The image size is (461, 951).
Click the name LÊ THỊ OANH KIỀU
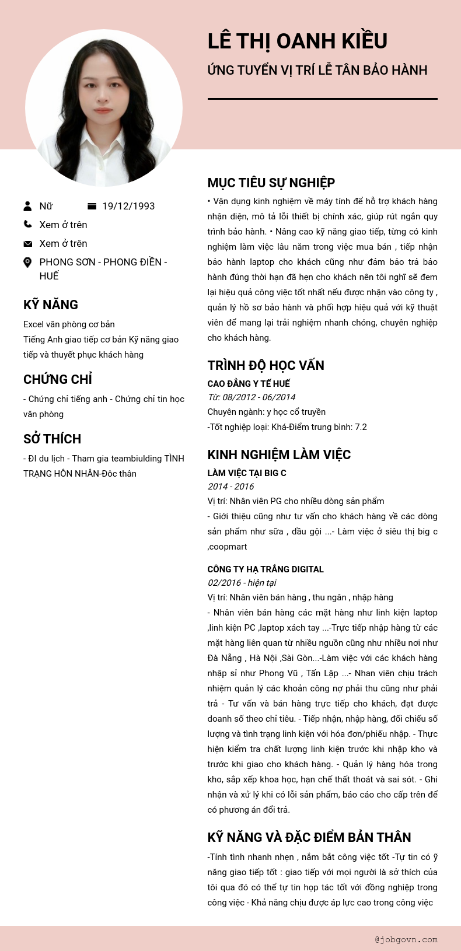pos(298,41)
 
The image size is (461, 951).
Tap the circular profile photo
pos(104,108)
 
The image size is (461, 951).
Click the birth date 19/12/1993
pos(128,206)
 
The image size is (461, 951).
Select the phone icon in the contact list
pos(27,224)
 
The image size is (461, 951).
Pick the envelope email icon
pos(27,243)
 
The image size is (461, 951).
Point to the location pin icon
pos(27,263)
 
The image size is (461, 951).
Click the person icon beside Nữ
pos(27,206)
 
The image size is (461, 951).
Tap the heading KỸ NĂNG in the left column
pos(51,305)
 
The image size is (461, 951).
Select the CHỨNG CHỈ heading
pos(58,379)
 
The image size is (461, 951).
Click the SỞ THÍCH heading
pos(53,439)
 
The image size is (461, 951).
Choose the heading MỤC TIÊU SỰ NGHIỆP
pos(271,183)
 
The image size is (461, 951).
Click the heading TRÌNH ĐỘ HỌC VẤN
pos(266,365)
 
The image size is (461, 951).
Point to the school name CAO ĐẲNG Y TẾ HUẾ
pos(249,383)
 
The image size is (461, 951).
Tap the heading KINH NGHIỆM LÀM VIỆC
pos(279,454)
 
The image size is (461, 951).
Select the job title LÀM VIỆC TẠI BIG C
pos(247,473)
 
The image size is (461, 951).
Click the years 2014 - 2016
pos(231,487)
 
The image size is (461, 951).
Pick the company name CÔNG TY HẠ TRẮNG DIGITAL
pos(266,569)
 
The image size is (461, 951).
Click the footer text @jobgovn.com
pos(406,939)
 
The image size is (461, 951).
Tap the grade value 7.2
pos(361,427)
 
